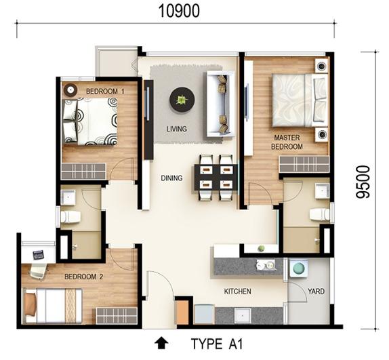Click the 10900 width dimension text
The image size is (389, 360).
click(179, 11)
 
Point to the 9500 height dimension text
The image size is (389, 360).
click(363, 182)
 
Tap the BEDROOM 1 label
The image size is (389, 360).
click(105, 92)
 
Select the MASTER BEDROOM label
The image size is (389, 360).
click(287, 142)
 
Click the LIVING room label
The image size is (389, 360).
click(177, 129)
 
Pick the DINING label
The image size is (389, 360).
click(171, 178)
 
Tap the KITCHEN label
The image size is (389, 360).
click(237, 291)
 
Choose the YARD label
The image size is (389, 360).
click(316, 291)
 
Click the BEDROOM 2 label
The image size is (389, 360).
click(83, 277)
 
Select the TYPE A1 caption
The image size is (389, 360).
click(216, 344)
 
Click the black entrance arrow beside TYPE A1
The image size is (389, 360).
click(161, 342)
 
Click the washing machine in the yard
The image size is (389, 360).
click(299, 268)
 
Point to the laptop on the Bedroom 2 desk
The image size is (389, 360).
click(39, 254)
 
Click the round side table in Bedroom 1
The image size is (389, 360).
click(70, 89)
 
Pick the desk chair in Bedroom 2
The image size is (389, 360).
click(38, 271)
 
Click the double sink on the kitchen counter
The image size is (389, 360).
click(266, 264)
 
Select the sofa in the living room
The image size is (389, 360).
click(220, 104)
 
